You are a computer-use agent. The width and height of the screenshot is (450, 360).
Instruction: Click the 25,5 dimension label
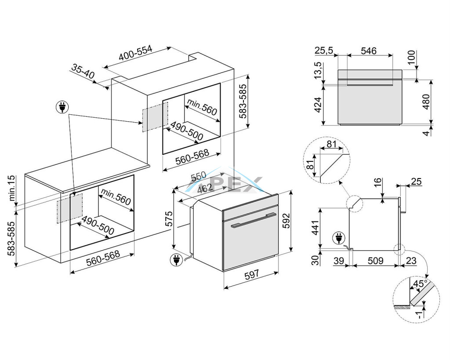point(323,51)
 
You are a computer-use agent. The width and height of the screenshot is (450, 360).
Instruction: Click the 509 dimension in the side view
point(375,261)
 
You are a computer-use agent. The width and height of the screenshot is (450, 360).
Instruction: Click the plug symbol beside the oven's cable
point(176,260)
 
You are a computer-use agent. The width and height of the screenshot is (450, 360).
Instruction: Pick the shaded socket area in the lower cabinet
point(69,209)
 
